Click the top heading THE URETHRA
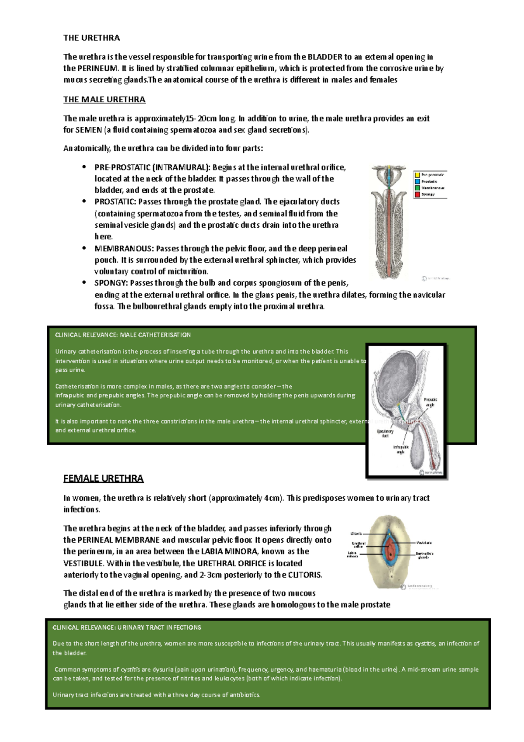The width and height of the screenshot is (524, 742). click(x=91, y=38)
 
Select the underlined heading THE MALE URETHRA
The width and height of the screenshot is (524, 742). click(x=104, y=100)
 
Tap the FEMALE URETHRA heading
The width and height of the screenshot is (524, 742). click(x=103, y=478)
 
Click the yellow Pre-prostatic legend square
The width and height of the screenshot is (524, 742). click(x=417, y=175)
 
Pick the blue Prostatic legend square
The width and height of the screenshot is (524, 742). click(x=417, y=181)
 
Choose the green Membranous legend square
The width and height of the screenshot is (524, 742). click(x=417, y=188)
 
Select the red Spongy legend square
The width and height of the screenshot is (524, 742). click(x=417, y=194)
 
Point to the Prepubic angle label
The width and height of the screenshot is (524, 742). click(x=430, y=402)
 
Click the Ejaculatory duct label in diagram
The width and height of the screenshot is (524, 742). click(x=385, y=433)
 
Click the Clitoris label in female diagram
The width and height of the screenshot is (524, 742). click(x=356, y=534)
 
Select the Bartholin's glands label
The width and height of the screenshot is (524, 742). click(x=424, y=555)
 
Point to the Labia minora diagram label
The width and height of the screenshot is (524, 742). click(x=352, y=554)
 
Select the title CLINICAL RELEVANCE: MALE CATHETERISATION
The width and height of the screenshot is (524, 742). click(x=123, y=335)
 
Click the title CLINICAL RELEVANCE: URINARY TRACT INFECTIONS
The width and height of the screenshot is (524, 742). click(x=127, y=628)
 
